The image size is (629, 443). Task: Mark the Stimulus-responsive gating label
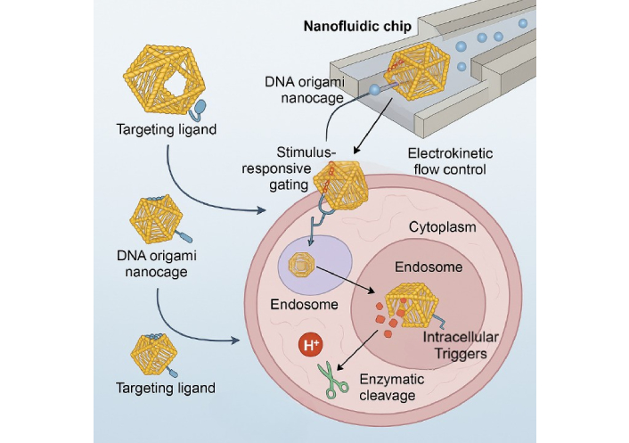pyautogui.click(x=284, y=162)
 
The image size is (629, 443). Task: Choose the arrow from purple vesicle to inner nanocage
pyautogui.click(x=353, y=285)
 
